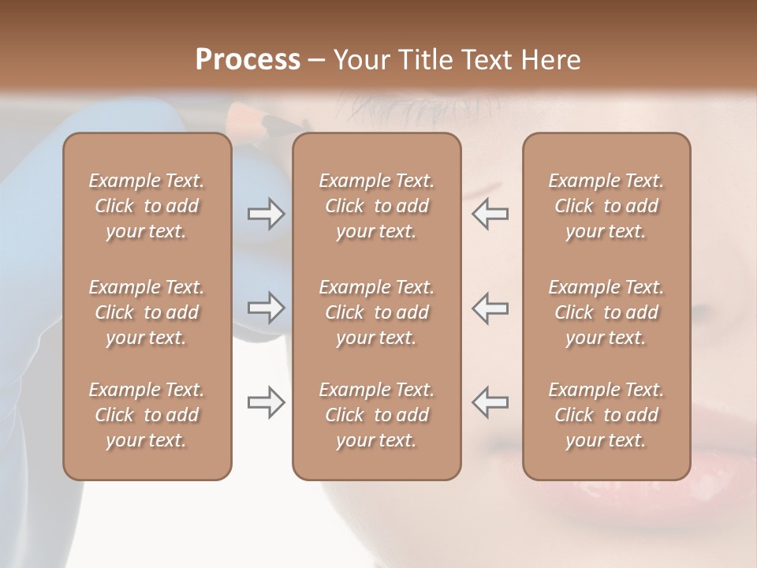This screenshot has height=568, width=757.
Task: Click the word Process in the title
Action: [x=248, y=60]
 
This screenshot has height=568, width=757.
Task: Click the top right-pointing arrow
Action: [x=266, y=214]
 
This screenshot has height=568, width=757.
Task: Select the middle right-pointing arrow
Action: [x=266, y=308]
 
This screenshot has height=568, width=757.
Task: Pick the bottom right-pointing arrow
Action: [x=266, y=402]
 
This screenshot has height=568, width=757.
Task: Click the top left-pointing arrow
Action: [x=490, y=214]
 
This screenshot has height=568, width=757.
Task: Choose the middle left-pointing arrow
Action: [x=490, y=308]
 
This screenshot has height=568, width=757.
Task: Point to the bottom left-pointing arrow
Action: [x=490, y=402]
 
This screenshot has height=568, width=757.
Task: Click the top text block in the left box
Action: [x=147, y=206]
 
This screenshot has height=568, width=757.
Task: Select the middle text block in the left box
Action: [x=147, y=312]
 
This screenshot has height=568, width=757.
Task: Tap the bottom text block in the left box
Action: [x=147, y=415]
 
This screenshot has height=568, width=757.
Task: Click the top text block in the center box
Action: [x=376, y=206]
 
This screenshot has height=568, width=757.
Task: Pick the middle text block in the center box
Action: [x=376, y=312]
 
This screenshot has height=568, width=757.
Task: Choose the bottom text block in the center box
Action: [x=376, y=415]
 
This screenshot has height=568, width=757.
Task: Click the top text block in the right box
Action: [x=606, y=206]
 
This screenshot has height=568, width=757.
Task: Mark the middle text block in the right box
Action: [x=606, y=312]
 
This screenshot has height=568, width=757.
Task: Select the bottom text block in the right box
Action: [x=606, y=415]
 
